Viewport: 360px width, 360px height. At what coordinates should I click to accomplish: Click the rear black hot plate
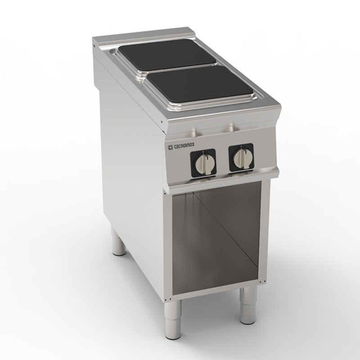167,54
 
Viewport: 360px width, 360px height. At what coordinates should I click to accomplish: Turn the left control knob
204,163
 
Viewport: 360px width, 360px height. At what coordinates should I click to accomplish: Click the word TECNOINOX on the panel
184,145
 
